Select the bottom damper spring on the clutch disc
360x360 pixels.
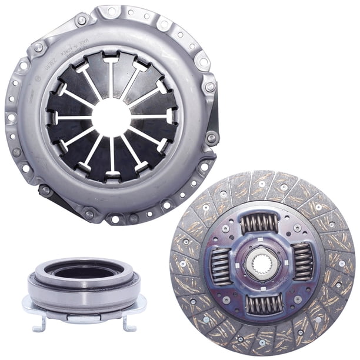262,303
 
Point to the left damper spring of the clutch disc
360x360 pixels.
221,265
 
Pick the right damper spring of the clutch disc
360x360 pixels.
302,261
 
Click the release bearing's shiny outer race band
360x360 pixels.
84,295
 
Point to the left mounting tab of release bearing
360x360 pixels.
28,306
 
